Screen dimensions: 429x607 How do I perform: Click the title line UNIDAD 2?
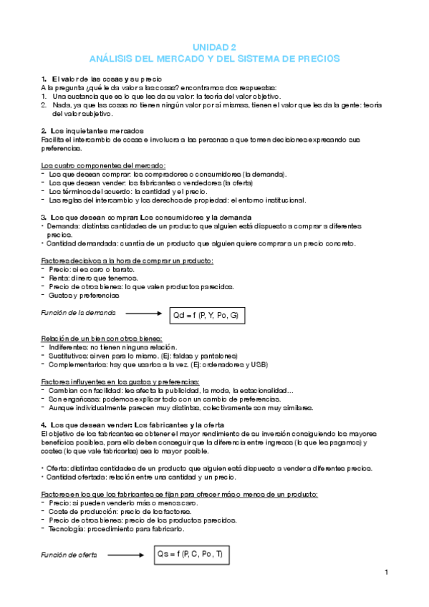point(214,45)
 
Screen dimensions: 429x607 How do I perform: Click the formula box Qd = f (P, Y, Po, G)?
point(206,314)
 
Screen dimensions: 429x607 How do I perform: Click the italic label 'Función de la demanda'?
point(79,313)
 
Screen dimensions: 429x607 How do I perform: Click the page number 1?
point(385,573)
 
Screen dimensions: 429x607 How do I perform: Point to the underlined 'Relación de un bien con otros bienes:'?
point(101,338)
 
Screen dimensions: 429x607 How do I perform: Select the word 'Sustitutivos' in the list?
point(69,355)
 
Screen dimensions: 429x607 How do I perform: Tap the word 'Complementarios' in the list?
point(77,364)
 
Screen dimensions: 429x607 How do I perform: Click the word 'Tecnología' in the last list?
point(67,528)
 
